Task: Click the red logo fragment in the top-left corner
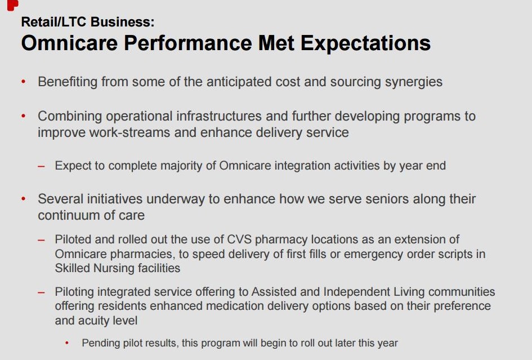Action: (x=12, y=5)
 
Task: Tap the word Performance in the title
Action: (x=187, y=43)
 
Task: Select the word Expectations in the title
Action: (x=365, y=44)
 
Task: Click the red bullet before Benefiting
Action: (x=24, y=82)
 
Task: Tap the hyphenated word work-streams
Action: (x=129, y=132)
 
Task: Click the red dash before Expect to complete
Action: (x=42, y=166)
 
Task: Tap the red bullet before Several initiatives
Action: (x=24, y=199)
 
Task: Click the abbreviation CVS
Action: (x=239, y=239)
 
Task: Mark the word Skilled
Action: (x=72, y=268)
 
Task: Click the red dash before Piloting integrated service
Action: (x=42, y=292)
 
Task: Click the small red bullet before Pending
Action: (x=67, y=343)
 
